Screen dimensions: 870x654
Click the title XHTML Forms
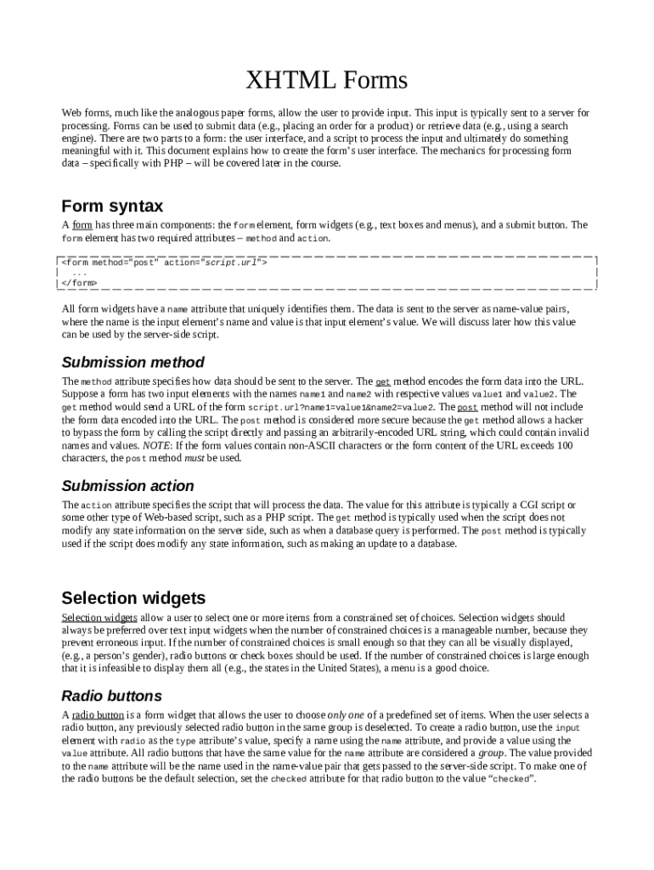(x=326, y=81)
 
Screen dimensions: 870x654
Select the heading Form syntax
(x=112, y=206)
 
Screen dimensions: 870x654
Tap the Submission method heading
(x=132, y=363)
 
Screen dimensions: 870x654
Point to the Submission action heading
(x=128, y=486)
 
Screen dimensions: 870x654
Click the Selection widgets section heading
(x=133, y=597)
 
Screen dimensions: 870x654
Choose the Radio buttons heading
(x=111, y=696)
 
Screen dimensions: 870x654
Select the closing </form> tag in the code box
(x=79, y=283)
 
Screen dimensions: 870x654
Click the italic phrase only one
(x=348, y=715)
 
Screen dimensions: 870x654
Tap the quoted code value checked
(x=510, y=779)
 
